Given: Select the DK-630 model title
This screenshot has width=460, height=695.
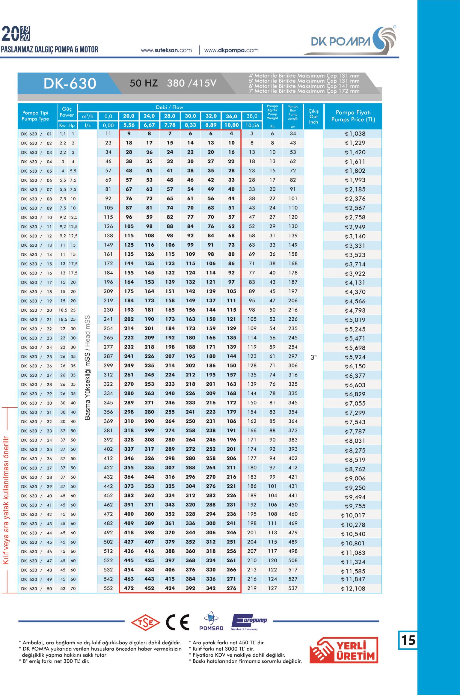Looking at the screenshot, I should (x=70, y=84).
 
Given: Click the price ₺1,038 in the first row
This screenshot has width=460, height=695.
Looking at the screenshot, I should (x=355, y=134).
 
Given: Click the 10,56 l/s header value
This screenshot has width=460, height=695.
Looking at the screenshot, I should (x=252, y=126).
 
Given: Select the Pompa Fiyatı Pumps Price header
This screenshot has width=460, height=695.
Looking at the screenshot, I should (x=353, y=116).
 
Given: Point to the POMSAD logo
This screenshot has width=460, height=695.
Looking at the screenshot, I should (x=211, y=622).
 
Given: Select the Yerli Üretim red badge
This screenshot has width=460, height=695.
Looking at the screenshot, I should (x=343, y=652).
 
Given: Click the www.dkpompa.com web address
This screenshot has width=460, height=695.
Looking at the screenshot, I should (x=231, y=50).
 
